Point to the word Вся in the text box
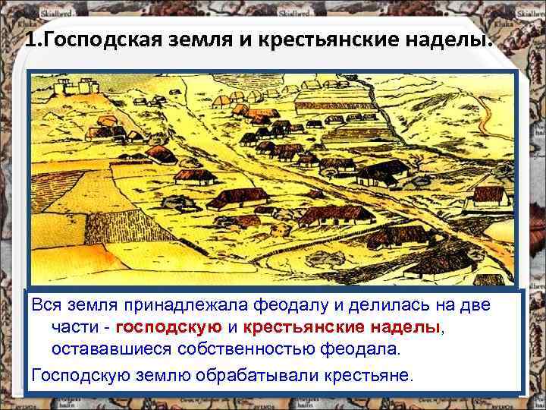point(45,306)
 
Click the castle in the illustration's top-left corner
point(71,88)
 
